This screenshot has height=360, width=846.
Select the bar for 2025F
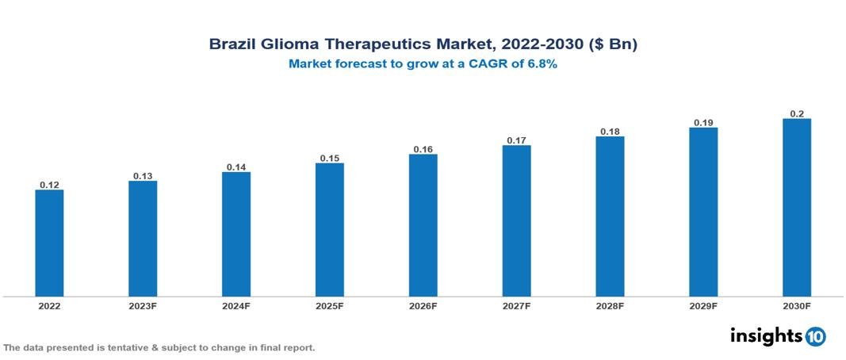point(329,230)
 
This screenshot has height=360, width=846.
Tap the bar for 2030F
point(796,208)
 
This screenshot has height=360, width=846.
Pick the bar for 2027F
point(516,221)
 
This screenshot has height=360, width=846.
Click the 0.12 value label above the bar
point(49,185)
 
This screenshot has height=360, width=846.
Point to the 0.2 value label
point(797,114)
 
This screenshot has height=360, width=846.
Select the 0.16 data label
point(423,149)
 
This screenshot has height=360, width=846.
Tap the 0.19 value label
point(703,123)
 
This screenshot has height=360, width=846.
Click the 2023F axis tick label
point(143,305)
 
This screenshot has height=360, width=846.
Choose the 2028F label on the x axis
point(610,305)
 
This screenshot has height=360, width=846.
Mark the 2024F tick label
point(236,305)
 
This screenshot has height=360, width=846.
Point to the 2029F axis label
point(703,305)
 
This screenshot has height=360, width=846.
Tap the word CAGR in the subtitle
point(490,64)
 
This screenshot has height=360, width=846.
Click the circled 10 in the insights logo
point(815,337)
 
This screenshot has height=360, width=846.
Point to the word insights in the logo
point(766,336)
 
